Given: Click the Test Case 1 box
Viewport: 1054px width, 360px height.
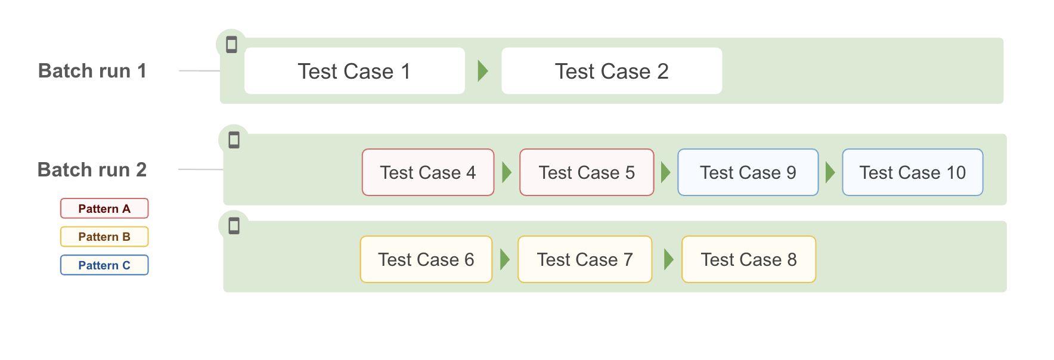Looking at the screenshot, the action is pyautogui.click(x=355, y=71).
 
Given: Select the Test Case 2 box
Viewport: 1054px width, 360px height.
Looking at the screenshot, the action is pyautogui.click(x=612, y=71).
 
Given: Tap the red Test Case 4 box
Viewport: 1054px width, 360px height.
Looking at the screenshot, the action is pyautogui.click(x=428, y=172).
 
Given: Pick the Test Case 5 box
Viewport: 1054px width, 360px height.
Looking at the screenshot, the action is pyautogui.click(x=587, y=172).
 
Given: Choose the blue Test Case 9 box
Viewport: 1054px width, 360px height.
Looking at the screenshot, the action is pyautogui.click(x=748, y=172).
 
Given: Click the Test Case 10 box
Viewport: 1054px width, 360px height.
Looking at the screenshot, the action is pyautogui.click(x=913, y=172).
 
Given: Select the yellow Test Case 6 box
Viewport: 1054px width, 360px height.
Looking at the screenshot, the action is pyautogui.click(x=426, y=259).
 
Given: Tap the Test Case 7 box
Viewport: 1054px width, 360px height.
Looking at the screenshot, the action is pyautogui.click(x=585, y=259).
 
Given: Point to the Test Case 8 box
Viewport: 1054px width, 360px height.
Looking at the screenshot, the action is pyautogui.click(x=749, y=259).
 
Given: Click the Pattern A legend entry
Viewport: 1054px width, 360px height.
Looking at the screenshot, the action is pyautogui.click(x=104, y=209).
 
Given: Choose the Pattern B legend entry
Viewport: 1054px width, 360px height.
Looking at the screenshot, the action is pyautogui.click(x=104, y=237).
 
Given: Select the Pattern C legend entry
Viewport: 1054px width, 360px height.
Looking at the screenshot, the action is pyautogui.click(x=104, y=265).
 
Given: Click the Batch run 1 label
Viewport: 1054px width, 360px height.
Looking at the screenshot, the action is pyautogui.click(x=92, y=71).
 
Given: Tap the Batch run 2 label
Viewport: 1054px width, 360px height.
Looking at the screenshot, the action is pyautogui.click(x=92, y=170).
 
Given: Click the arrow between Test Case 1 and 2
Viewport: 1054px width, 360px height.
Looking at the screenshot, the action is pyautogui.click(x=483, y=71).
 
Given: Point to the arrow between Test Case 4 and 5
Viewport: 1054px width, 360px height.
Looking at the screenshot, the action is pyautogui.click(x=507, y=172).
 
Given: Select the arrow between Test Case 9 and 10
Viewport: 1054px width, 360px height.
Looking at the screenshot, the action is pyautogui.click(x=830, y=172).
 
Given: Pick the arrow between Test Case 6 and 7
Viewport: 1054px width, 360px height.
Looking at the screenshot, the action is pyautogui.click(x=505, y=259).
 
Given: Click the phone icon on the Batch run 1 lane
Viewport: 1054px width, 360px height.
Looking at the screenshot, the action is pyautogui.click(x=232, y=45).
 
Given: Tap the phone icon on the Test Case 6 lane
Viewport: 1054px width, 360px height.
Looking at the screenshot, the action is pyautogui.click(x=234, y=226).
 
